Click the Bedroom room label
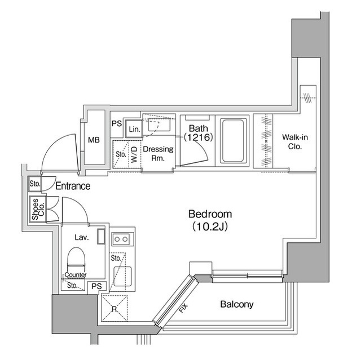coord(210,214)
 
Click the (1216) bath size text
coord(197,137)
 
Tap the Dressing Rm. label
coord(157,153)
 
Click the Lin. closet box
coord(133,129)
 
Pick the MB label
coord(94,140)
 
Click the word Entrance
coord(73,186)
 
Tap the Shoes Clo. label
coord(34,209)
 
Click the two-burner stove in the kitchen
coord(121,239)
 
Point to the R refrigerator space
coord(115,308)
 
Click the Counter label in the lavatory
coord(74,275)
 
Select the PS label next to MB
coord(116,123)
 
